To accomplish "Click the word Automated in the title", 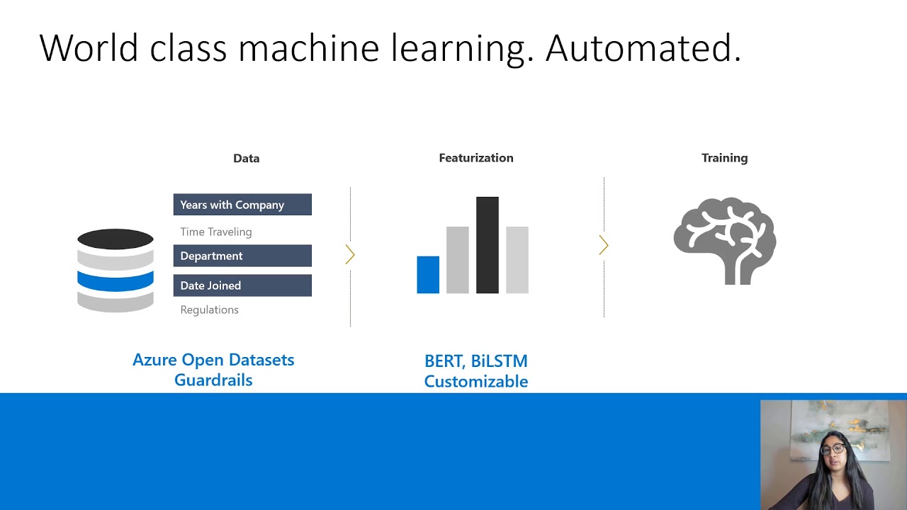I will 642,48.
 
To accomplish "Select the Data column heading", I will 246,159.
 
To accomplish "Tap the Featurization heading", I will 475,158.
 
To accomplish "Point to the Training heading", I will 724,158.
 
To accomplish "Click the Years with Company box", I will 242,205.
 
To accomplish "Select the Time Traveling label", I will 215,232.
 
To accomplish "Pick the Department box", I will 242,256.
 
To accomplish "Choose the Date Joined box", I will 242,285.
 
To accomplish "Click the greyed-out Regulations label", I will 209,310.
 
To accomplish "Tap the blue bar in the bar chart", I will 428,275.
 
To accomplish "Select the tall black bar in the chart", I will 488,245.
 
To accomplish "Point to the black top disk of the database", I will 116,239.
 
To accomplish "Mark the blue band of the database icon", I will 116,281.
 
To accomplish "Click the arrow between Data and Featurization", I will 350,255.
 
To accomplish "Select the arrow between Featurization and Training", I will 604,246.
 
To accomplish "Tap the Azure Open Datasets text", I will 213,360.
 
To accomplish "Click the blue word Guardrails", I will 213,380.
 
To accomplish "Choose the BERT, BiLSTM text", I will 475,361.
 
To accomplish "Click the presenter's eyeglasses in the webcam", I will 833,448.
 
